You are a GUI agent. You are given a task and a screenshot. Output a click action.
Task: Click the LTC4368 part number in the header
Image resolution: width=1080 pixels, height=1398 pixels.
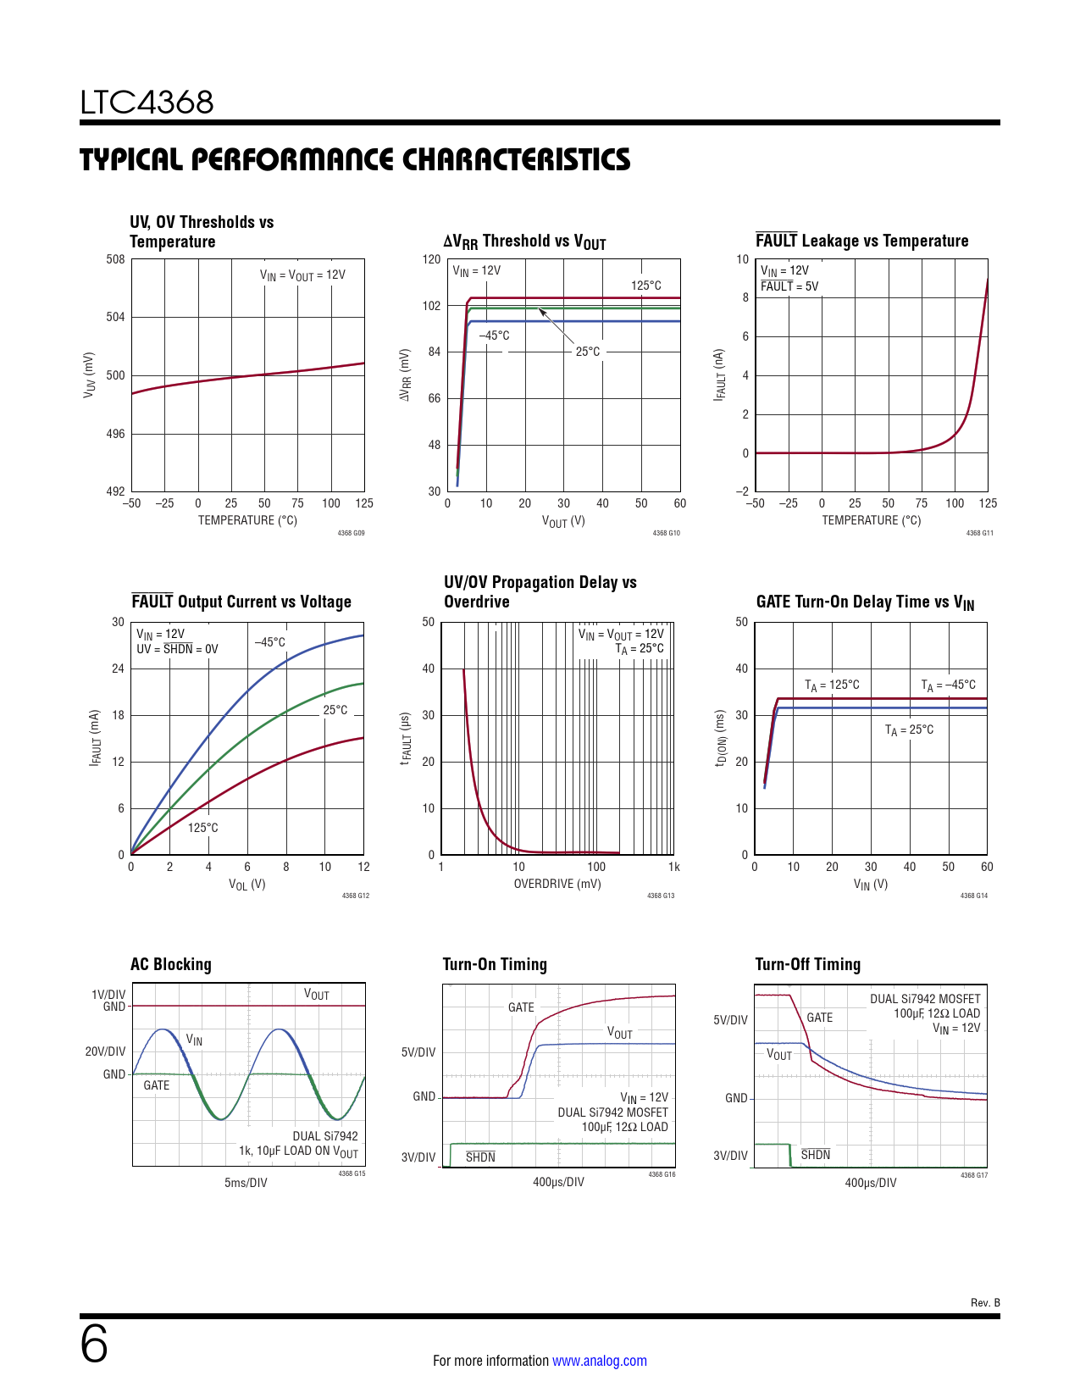pos(147,103)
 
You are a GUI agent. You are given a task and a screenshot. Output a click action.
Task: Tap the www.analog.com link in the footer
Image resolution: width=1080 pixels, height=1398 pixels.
pos(599,1361)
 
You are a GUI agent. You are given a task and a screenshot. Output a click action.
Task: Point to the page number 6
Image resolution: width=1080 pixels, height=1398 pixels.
pos(94,1345)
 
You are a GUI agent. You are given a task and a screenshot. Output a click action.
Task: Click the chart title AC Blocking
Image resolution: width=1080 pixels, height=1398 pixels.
pos(171,964)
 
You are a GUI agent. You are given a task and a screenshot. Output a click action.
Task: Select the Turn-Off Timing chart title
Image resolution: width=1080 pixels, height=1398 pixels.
pos(807,964)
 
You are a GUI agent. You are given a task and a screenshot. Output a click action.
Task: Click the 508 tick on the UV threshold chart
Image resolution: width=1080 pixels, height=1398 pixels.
pos(115,259)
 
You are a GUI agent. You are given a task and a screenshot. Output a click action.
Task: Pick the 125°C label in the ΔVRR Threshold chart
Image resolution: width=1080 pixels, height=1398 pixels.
pos(645,286)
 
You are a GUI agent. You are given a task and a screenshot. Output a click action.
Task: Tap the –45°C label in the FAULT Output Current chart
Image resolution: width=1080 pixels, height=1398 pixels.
pos(270,642)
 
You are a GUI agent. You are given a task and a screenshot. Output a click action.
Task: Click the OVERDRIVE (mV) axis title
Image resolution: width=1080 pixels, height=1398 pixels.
pos(557,884)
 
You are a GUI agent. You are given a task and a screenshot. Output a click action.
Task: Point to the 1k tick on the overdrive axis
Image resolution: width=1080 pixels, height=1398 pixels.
pos(673,867)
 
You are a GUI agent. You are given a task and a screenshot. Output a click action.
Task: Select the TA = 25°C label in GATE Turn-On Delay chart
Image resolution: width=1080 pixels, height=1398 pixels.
pos(909,730)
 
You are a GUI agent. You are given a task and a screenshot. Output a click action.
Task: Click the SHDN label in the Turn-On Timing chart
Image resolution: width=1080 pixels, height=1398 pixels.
pos(480,1157)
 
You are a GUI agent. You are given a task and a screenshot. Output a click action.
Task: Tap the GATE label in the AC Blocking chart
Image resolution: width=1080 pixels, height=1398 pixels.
pos(156,1085)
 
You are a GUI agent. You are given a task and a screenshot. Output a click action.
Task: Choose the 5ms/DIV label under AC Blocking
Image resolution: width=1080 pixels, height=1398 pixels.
pos(246,1183)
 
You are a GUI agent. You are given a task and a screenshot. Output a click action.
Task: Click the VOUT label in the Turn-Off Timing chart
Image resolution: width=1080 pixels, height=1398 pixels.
pos(778,1055)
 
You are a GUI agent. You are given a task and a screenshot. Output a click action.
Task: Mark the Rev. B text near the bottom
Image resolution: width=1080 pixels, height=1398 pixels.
pos(985,1302)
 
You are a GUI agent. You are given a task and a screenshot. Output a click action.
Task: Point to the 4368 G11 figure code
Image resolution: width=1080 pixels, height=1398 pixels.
pos(979,533)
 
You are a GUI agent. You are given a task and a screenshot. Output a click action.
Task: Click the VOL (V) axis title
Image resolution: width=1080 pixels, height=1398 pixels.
pos(246,885)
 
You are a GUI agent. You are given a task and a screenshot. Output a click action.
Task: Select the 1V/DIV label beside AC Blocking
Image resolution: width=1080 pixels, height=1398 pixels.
pos(108,995)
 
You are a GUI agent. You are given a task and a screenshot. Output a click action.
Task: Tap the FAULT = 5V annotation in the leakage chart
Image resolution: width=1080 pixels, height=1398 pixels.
pos(789,286)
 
